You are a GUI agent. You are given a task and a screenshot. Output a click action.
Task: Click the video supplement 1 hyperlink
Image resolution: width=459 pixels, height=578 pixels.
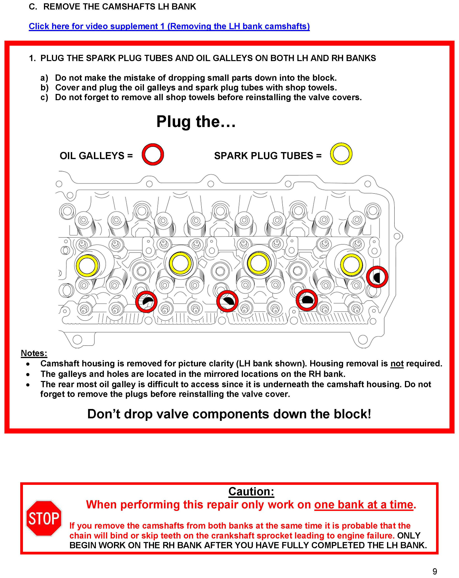(x=169, y=26)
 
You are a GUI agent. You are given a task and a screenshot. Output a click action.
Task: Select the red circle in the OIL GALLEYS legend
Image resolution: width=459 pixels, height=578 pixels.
(x=152, y=154)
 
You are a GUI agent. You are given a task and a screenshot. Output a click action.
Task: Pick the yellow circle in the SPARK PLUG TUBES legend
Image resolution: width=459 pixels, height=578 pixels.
(x=341, y=154)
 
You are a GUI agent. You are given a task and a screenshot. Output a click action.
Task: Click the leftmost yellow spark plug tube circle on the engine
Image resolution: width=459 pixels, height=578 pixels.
(x=87, y=265)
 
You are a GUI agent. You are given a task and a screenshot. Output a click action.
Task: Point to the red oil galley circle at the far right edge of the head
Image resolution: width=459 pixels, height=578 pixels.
(x=377, y=277)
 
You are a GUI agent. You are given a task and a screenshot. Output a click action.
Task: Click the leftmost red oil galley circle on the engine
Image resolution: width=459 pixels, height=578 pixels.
(x=146, y=302)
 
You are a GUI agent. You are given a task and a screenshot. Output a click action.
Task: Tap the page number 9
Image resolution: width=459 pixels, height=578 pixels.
(x=435, y=571)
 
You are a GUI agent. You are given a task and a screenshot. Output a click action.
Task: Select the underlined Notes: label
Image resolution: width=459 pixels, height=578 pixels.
(x=34, y=353)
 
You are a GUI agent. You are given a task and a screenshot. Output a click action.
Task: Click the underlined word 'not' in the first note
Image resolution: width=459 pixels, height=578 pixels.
(x=397, y=363)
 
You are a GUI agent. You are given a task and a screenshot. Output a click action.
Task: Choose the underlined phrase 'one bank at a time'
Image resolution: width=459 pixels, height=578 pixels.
(x=364, y=504)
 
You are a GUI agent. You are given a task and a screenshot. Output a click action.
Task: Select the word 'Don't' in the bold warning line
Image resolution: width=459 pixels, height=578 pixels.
(x=103, y=414)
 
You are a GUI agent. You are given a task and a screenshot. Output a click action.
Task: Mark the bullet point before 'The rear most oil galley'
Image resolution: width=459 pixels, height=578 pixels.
(x=28, y=385)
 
